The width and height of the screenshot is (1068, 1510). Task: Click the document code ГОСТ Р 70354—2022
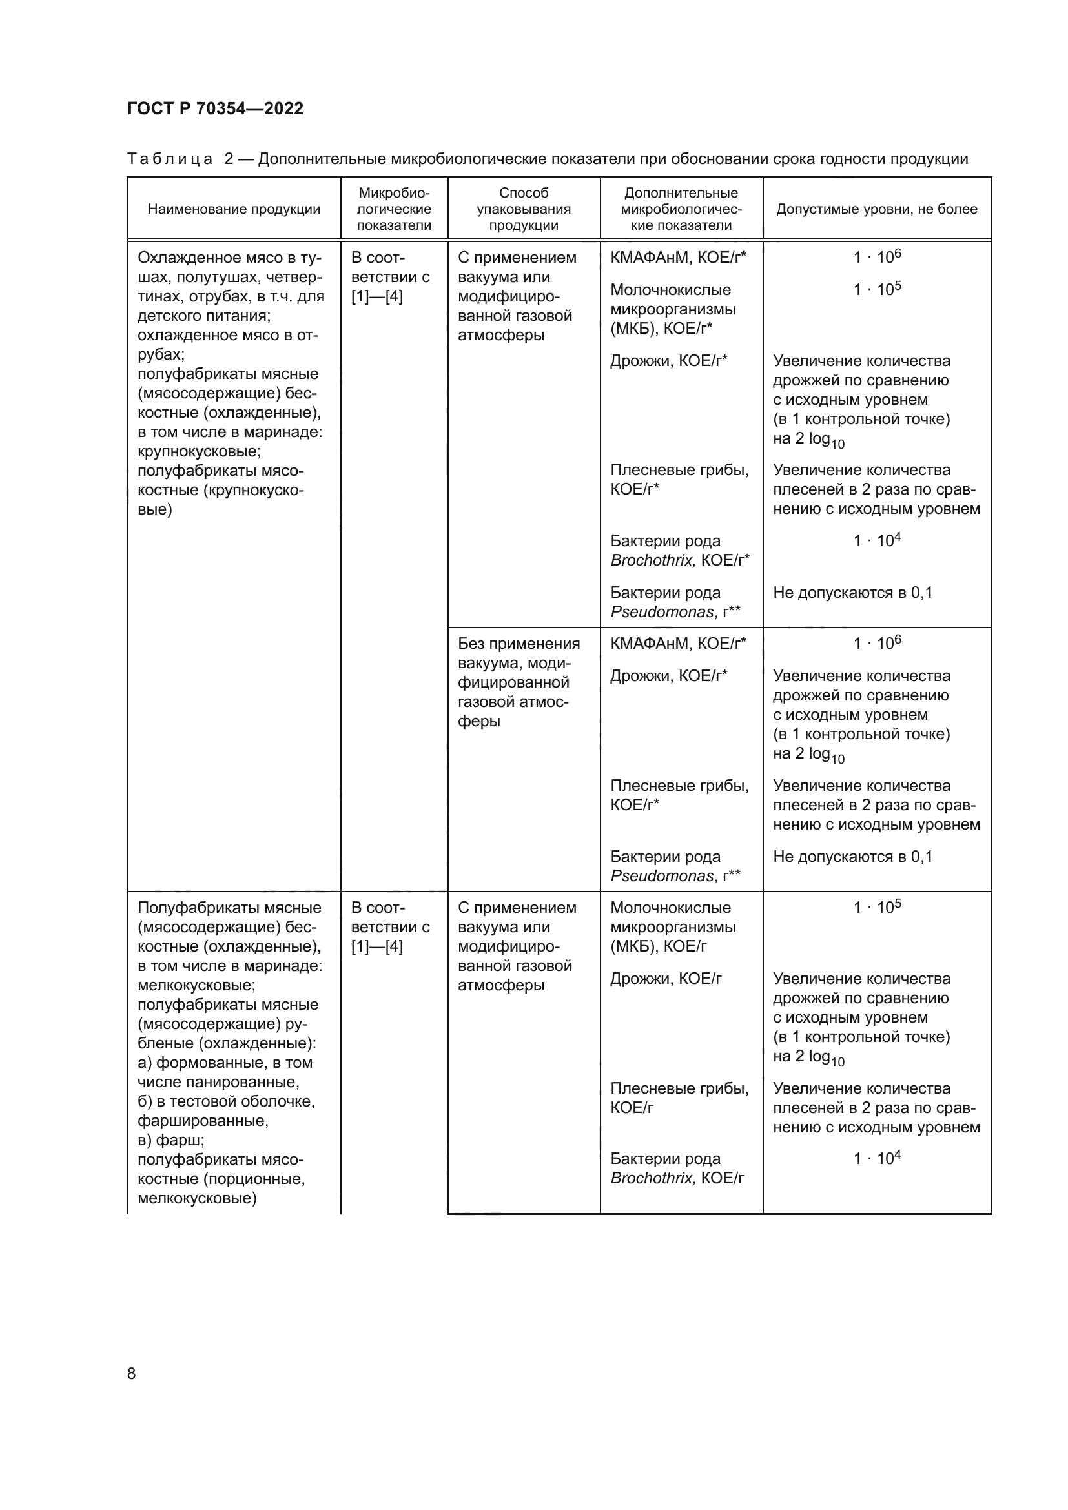[x=215, y=108]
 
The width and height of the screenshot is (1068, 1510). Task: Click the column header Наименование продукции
[x=234, y=209]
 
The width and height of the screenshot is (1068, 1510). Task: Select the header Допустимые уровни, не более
[x=876, y=209]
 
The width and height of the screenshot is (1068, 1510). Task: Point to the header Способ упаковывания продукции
[x=524, y=209]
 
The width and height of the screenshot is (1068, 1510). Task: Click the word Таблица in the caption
[x=170, y=159]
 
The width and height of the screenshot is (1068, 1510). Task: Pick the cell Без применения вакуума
[x=519, y=644]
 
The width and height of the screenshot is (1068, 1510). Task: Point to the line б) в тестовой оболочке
[x=225, y=1101]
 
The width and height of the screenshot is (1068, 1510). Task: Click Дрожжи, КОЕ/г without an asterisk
[x=666, y=979]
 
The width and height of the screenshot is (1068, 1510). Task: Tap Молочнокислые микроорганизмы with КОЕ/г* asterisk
[x=672, y=309]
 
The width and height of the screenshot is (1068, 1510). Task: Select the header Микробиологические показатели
[x=394, y=209]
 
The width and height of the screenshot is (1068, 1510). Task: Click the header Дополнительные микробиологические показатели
[x=681, y=209]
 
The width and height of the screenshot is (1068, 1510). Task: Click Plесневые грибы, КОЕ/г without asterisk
[x=679, y=1097]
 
